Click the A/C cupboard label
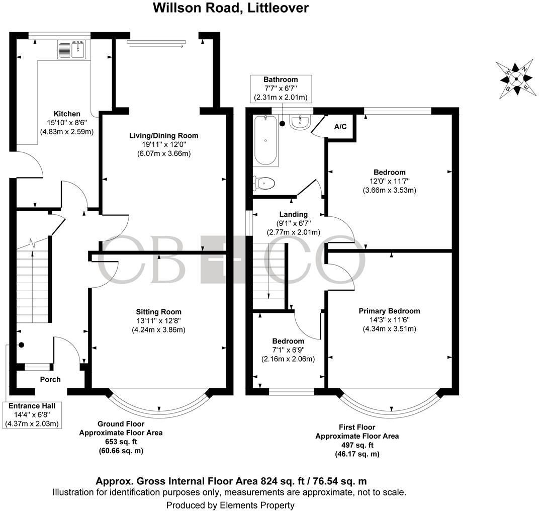click(340, 127)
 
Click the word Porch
click(50, 380)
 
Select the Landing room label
click(294, 215)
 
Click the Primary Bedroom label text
click(389, 311)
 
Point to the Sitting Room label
click(158, 312)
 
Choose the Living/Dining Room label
click(163, 135)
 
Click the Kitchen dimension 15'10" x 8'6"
click(67, 123)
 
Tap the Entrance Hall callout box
click(31, 415)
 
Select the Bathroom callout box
click(281, 88)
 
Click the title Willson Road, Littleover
click(231, 8)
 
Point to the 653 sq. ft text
click(121, 442)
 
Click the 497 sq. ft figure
click(356, 445)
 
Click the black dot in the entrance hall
click(22, 345)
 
